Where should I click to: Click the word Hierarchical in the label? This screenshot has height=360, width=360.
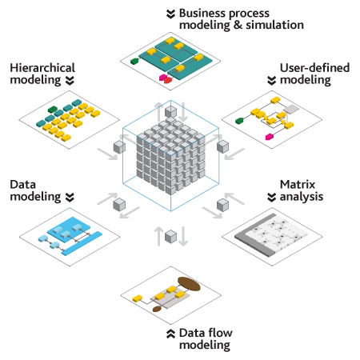[x=42, y=68]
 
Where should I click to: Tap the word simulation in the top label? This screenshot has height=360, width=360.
[x=274, y=25]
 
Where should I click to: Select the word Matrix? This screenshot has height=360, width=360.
[x=298, y=185]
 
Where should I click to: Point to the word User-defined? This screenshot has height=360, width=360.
[x=314, y=68]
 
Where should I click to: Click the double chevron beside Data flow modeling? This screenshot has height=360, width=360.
[x=170, y=334]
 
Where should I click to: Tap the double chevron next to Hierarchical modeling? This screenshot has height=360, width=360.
[x=70, y=81]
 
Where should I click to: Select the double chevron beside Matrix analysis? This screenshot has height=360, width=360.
[x=271, y=198]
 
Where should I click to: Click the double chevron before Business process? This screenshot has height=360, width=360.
[x=170, y=14]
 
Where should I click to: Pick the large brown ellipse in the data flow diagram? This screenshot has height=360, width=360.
[x=189, y=284]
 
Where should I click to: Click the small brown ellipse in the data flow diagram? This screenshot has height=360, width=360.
[x=157, y=309]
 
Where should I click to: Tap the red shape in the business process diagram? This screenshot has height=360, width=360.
[x=168, y=80]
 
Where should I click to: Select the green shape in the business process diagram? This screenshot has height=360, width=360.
[x=134, y=61]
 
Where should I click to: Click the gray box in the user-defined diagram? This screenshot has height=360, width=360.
[x=291, y=109]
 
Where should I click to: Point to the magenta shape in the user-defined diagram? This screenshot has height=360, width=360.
[x=270, y=137]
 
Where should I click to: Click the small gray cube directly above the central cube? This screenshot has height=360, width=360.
[x=170, y=112]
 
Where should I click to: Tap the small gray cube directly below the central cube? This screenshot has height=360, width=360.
[x=170, y=237]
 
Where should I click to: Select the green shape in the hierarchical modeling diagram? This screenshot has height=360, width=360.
[x=53, y=110]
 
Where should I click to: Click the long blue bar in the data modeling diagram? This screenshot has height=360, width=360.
[x=82, y=243]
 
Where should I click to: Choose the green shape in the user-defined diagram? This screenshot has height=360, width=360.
[x=239, y=121]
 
